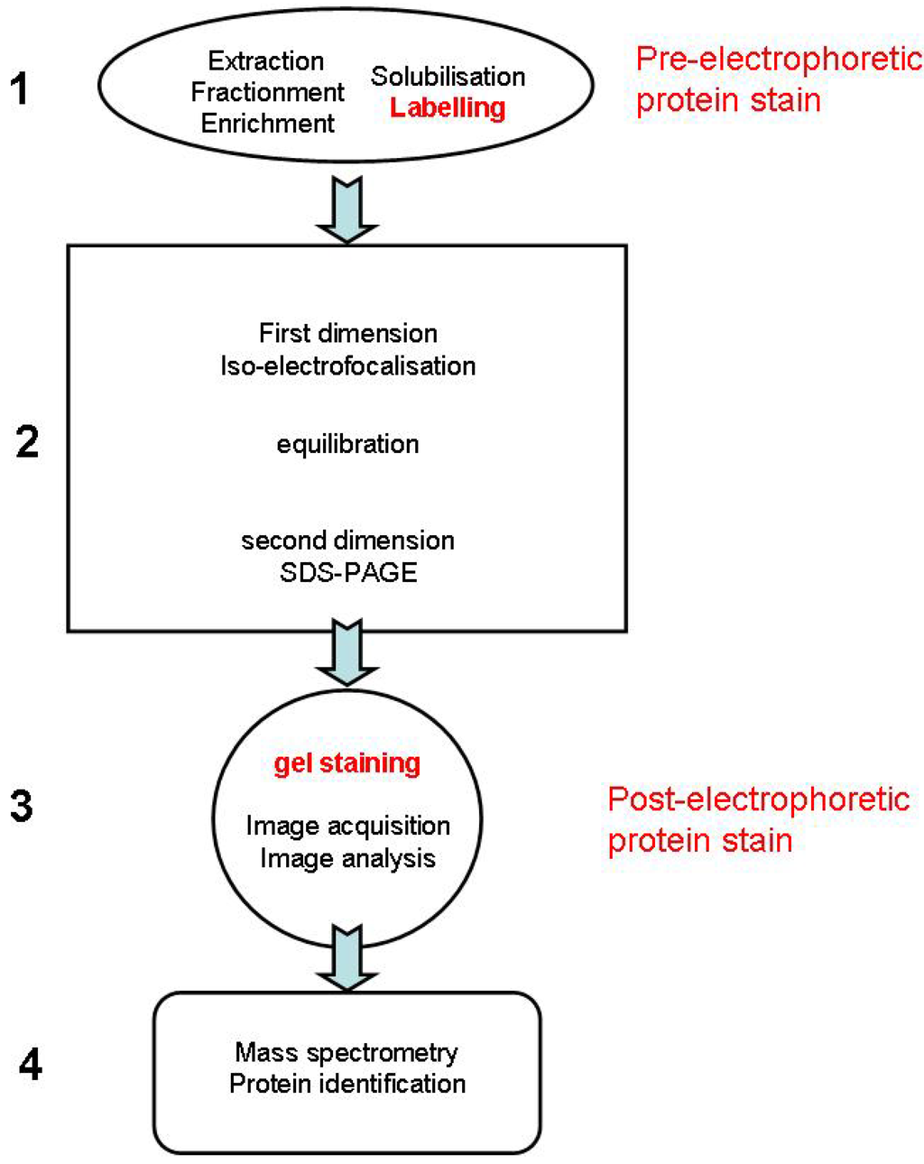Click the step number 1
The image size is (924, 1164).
[19, 89]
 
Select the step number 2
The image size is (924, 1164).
[27, 441]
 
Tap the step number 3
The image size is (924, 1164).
[22, 805]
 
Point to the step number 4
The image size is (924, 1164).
[30, 1065]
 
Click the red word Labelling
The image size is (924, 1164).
[448, 107]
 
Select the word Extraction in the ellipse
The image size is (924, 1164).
[265, 60]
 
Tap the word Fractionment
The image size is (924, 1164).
[267, 92]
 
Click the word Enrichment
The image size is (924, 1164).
[267, 123]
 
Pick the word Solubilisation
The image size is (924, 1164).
[448, 76]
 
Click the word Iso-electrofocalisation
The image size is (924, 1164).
[347, 365]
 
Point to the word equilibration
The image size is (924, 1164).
[347, 444]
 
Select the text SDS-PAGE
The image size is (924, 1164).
[347, 572]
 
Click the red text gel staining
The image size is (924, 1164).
[347, 763]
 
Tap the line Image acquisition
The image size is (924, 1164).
[347, 826]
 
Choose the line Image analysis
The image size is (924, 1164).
[347, 858]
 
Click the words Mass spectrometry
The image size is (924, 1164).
[346, 1052]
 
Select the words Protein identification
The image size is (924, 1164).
[347, 1083]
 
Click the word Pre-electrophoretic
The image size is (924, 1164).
[779, 60]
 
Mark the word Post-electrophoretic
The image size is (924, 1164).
[758, 799]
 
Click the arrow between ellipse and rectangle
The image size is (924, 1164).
[347, 209]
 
